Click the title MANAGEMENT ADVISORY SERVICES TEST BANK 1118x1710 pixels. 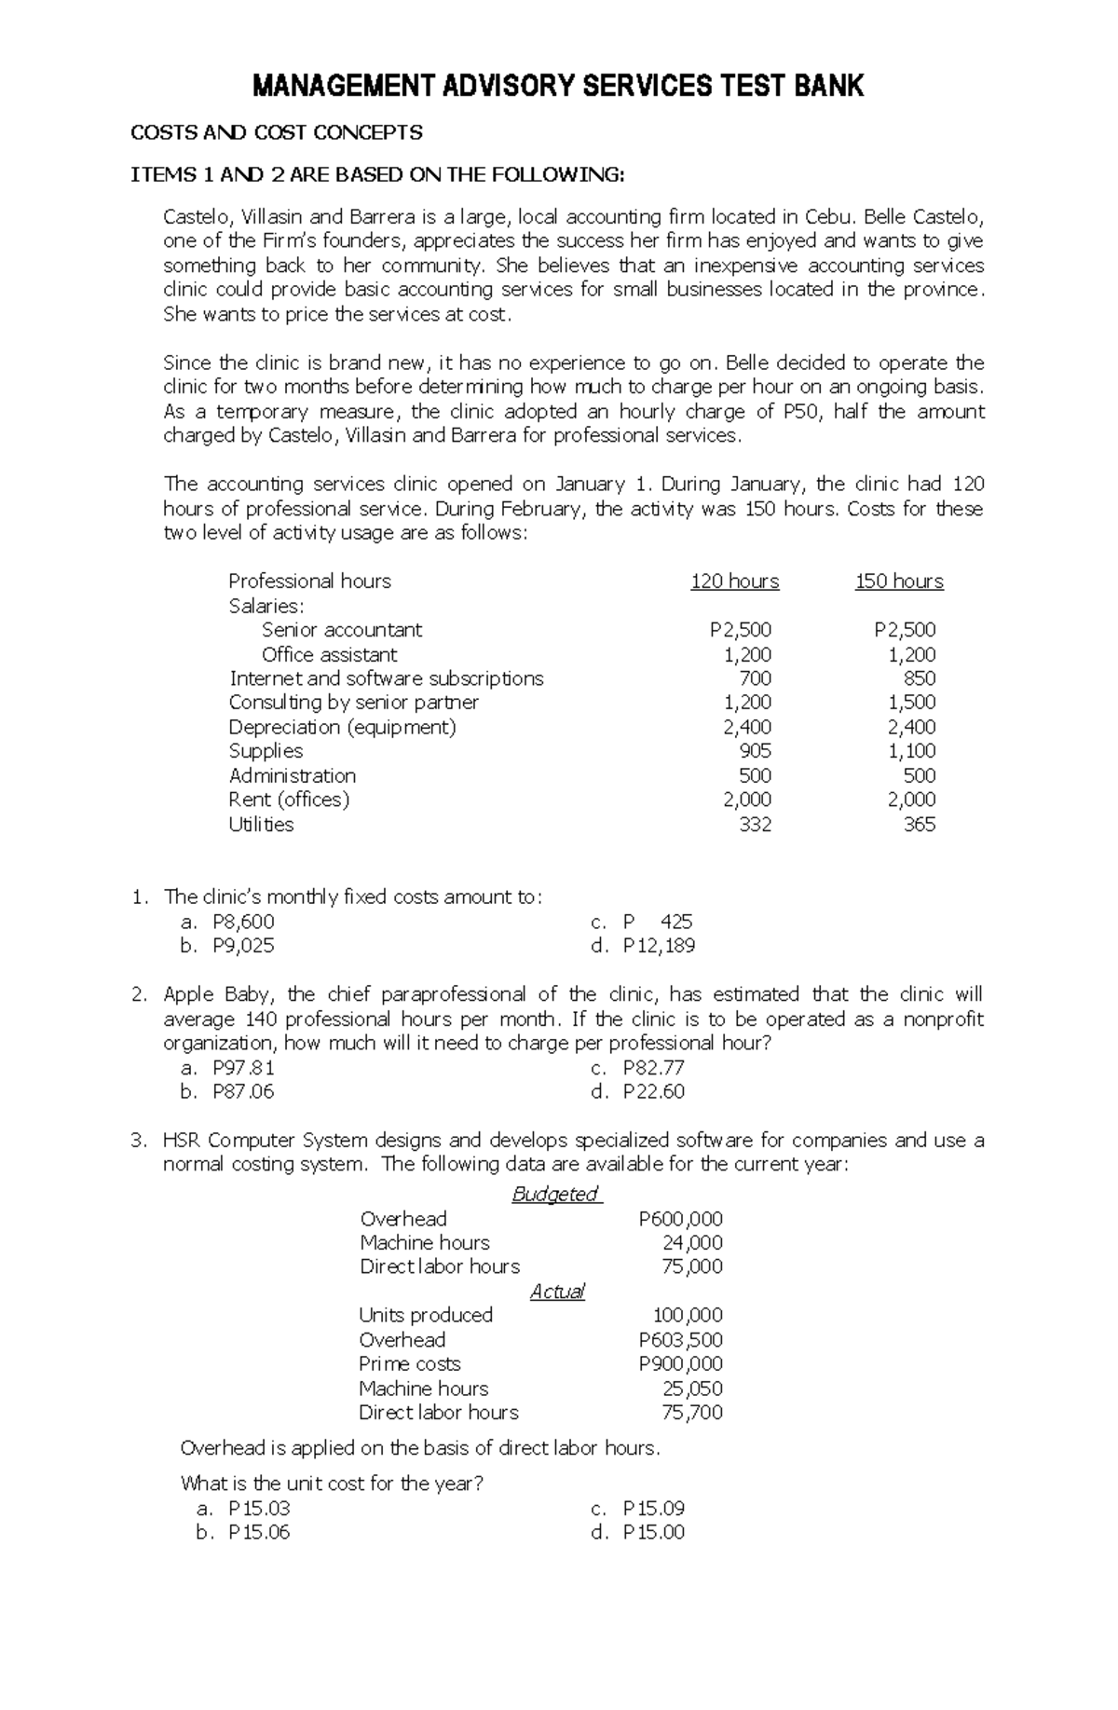(558, 88)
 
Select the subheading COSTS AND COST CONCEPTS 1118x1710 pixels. (276, 132)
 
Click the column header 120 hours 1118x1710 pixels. (734, 581)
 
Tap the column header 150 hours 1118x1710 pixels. (899, 581)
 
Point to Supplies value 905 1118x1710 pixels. (755, 751)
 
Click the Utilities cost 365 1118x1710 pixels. (920, 825)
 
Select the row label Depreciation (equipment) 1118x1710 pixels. (342, 727)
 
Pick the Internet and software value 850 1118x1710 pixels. (920, 678)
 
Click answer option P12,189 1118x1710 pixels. (659, 946)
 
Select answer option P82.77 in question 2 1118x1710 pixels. (653, 1068)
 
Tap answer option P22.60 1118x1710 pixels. (653, 1091)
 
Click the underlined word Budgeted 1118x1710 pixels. (555, 1195)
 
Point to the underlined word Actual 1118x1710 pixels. (557, 1292)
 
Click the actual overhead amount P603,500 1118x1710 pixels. (680, 1340)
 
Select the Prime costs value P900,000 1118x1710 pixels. (680, 1364)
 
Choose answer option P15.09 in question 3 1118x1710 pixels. (653, 1508)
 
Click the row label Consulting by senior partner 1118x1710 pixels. (353, 703)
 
